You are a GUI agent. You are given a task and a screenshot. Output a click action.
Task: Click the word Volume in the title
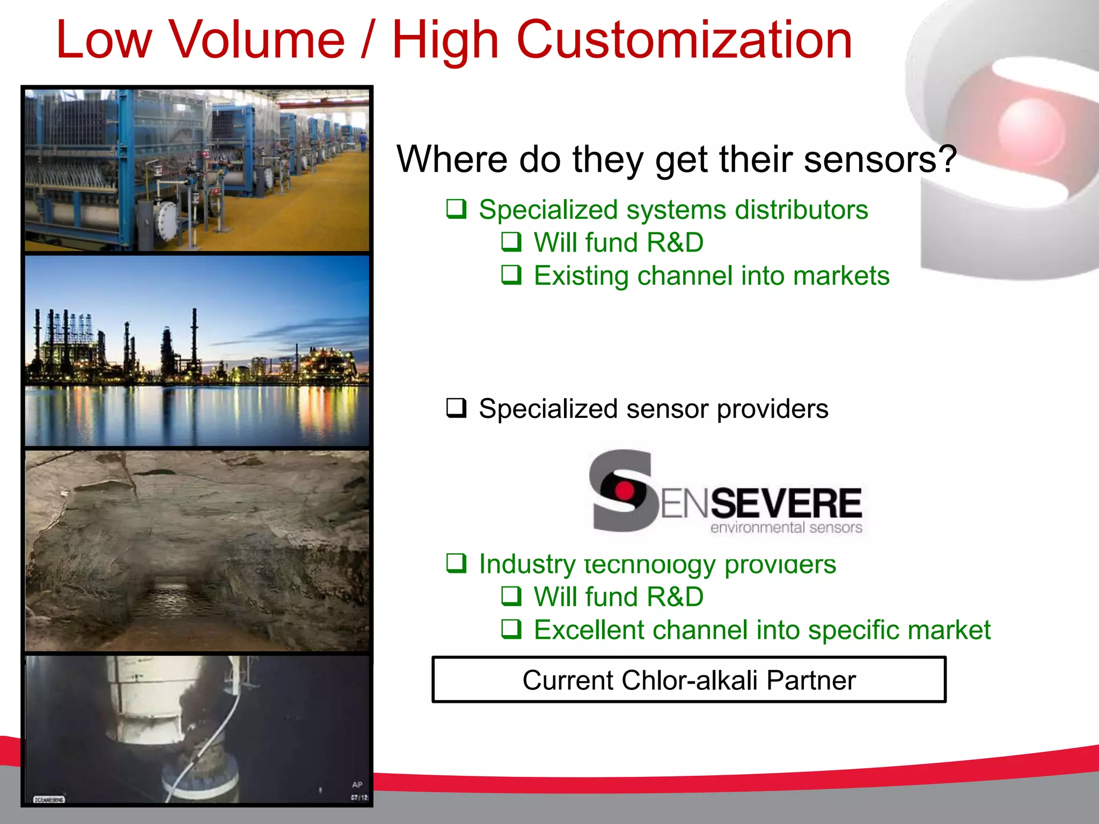257,40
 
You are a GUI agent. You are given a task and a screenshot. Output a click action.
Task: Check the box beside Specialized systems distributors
456,209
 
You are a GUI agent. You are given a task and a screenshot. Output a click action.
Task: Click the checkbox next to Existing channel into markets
511,275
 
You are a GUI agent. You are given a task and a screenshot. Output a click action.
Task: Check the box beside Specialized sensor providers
456,408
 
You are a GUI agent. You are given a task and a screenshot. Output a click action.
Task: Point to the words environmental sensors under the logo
786,528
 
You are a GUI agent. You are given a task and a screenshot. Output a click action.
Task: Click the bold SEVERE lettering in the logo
786,503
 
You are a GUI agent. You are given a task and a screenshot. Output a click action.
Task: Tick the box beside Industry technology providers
456,563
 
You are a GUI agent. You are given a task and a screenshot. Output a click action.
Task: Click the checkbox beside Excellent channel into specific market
511,629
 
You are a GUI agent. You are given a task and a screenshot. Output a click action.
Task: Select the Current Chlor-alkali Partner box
688,680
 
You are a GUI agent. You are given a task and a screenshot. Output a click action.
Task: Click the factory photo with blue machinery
197,170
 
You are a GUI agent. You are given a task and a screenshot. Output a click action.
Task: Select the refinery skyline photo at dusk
197,350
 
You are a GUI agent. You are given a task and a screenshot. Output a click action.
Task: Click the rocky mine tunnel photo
197,550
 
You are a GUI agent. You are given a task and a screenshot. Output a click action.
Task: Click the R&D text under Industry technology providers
675,597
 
